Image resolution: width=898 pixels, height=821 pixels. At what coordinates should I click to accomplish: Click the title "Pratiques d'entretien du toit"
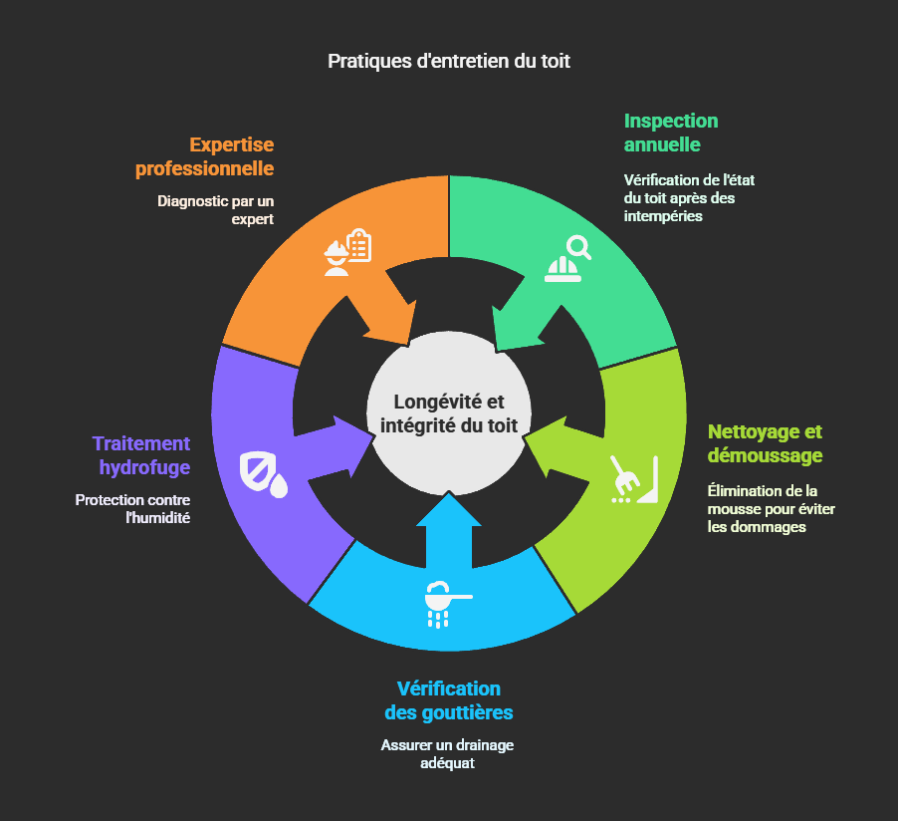pos(449,61)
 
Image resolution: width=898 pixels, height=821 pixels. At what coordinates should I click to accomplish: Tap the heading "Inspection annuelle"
pos(670,133)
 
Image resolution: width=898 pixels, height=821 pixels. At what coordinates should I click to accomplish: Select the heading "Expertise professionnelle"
pos(205,156)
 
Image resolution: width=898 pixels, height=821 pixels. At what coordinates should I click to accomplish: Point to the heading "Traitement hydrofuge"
pos(140,454)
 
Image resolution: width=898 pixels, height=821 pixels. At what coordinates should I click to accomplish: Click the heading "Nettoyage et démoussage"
pos(765,443)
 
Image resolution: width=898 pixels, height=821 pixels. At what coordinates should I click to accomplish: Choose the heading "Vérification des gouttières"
pos(449,700)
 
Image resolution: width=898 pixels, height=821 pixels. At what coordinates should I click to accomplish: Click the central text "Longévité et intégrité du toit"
pos(449,413)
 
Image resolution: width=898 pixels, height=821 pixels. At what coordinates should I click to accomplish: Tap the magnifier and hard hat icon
pos(566,259)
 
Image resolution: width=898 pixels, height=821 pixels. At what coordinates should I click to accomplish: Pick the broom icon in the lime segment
pos(633,479)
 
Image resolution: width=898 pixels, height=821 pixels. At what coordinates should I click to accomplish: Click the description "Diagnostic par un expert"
pos(215,209)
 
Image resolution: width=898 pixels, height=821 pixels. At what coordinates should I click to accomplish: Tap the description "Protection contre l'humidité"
pos(132,508)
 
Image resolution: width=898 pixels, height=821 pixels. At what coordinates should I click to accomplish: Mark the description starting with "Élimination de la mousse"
pos(771,508)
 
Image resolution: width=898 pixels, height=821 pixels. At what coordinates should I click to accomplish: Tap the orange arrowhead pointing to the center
pos(392,325)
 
